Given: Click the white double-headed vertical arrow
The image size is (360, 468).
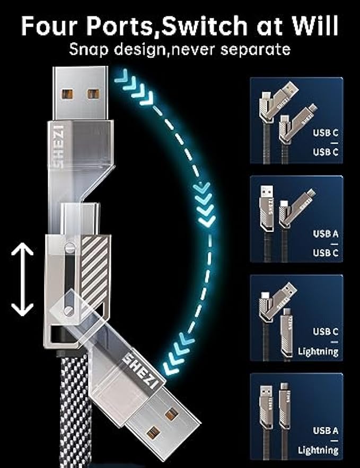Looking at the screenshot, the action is coord(22,280).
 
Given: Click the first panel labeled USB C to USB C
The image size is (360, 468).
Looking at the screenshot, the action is coord(296,121).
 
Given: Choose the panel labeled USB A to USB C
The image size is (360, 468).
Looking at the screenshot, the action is coord(296,219).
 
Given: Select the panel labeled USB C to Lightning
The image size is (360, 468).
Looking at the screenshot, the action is coord(296,317).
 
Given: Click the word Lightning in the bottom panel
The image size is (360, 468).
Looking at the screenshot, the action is coord(318,450).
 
